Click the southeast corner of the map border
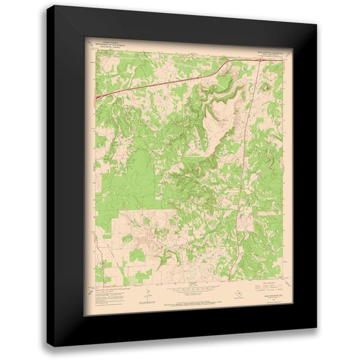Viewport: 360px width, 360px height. pyautogui.click(x=279, y=285)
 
